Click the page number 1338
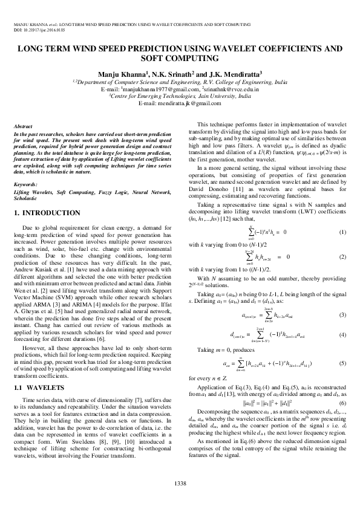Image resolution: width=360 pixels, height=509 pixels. [180, 482]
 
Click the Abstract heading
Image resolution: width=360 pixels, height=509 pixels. [24, 125]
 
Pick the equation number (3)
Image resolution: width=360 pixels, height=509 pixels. [342, 315]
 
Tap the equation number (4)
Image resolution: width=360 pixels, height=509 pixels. [342, 334]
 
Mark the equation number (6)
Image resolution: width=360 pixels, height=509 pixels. [342, 403]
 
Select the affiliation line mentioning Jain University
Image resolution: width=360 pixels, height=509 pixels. [180, 96]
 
